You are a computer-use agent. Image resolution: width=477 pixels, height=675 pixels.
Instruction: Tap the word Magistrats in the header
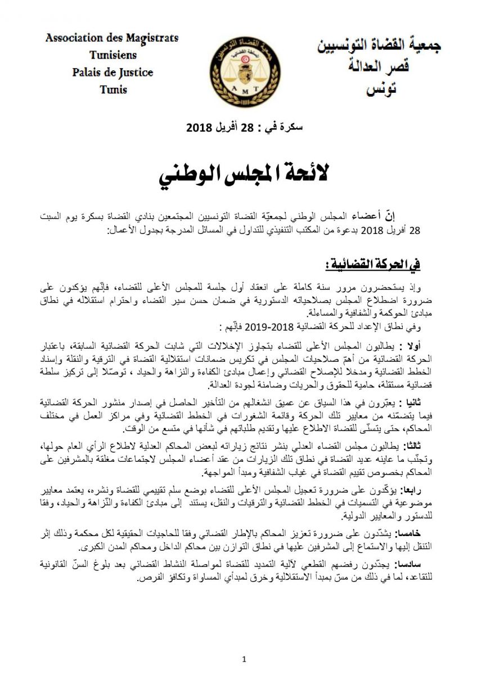point(151,38)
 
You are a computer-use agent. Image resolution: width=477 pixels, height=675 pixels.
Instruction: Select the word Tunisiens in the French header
point(112,55)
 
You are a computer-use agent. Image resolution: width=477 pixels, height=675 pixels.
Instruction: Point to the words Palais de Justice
point(112,73)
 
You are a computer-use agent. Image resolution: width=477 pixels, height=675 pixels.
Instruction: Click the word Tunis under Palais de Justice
point(113,89)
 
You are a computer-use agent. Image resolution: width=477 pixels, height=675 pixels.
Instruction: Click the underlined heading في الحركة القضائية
point(373,263)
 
